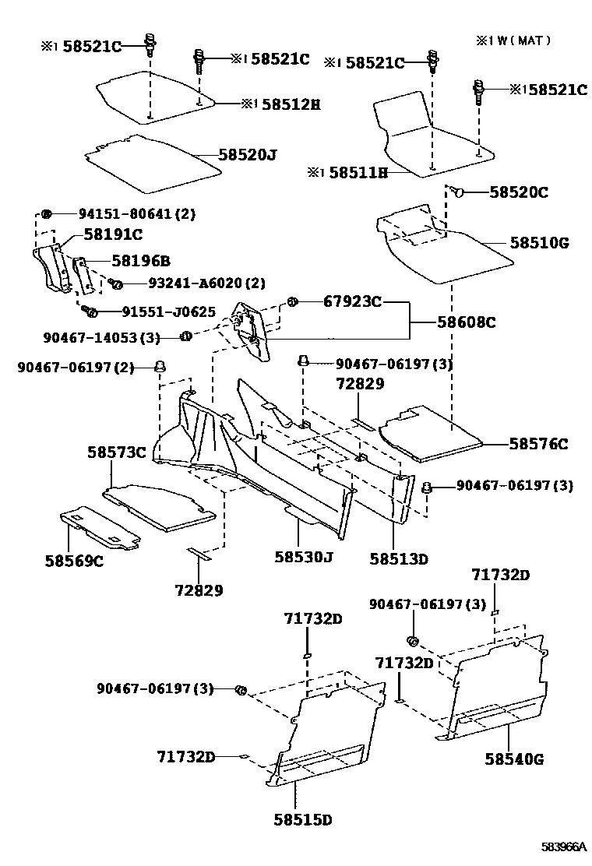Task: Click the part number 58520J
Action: click(x=247, y=154)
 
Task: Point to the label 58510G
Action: click(x=540, y=243)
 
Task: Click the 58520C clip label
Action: click(x=518, y=192)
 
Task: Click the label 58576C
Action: click(x=538, y=444)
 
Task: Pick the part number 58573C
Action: click(x=117, y=452)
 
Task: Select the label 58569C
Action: click(x=74, y=561)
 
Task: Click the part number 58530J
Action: click(x=303, y=557)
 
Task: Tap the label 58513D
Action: click(x=399, y=558)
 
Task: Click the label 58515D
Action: click(x=303, y=820)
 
